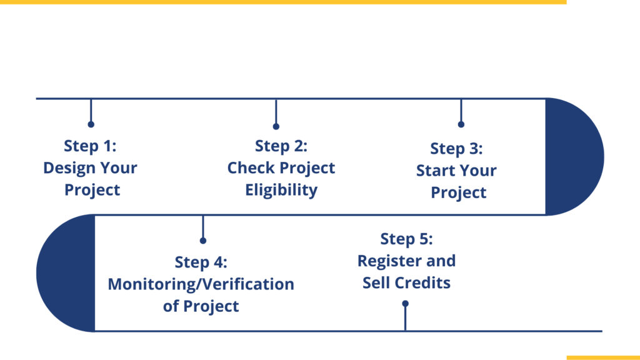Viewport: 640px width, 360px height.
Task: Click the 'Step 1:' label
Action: click(x=90, y=146)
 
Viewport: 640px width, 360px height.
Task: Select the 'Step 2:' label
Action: click(x=281, y=146)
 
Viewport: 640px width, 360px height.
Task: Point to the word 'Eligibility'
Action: click(x=281, y=190)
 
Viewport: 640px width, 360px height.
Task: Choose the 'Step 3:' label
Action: click(x=456, y=148)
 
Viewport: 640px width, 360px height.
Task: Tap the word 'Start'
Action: click(x=434, y=170)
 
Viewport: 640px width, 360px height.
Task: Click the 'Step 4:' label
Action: click(x=201, y=262)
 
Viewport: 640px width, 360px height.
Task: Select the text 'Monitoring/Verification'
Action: click(x=201, y=284)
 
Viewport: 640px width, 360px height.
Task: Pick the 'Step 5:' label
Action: click(x=406, y=239)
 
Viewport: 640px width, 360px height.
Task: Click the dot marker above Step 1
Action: click(x=91, y=124)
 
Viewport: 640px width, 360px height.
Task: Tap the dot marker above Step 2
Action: click(x=276, y=126)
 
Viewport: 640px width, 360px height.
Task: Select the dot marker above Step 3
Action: click(x=461, y=124)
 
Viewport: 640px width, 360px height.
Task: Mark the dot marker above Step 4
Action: click(x=203, y=241)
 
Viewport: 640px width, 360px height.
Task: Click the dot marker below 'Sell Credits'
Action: click(x=405, y=304)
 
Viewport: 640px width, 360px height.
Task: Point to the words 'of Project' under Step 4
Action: click(x=201, y=306)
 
